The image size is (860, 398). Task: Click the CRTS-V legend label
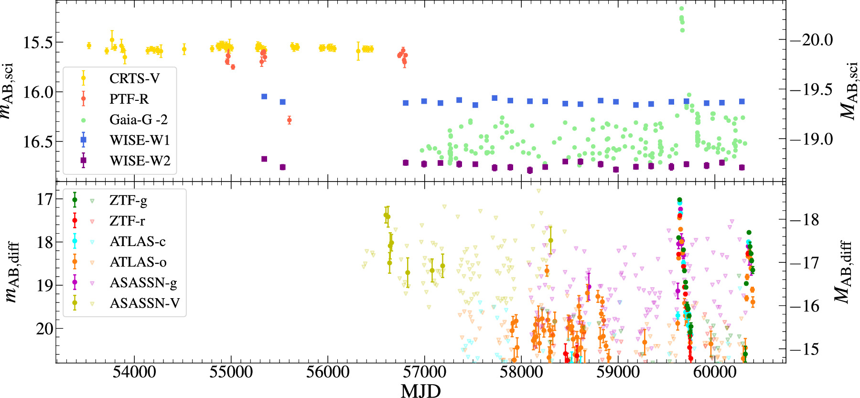point(134,78)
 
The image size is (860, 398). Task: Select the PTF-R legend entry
point(129,99)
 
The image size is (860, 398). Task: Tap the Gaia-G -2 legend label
point(139,119)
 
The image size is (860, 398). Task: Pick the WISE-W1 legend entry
point(140,140)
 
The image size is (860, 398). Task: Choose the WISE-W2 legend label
point(140,161)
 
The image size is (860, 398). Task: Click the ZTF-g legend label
point(128,200)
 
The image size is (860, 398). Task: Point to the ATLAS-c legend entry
point(138,241)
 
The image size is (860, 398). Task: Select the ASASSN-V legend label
point(144,303)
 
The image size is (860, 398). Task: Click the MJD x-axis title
point(420,390)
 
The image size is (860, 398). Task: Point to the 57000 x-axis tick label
point(424,372)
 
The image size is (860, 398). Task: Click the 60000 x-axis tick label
point(715,372)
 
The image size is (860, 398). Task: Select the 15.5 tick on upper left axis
point(37,42)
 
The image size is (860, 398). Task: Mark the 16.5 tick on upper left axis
point(37,141)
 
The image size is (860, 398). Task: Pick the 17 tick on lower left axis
point(45,199)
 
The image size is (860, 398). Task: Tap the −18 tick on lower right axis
point(805,220)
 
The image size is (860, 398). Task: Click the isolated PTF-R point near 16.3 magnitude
point(289,120)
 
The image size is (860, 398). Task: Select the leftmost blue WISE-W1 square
point(264,97)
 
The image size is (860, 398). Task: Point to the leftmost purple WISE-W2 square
point(264,159)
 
